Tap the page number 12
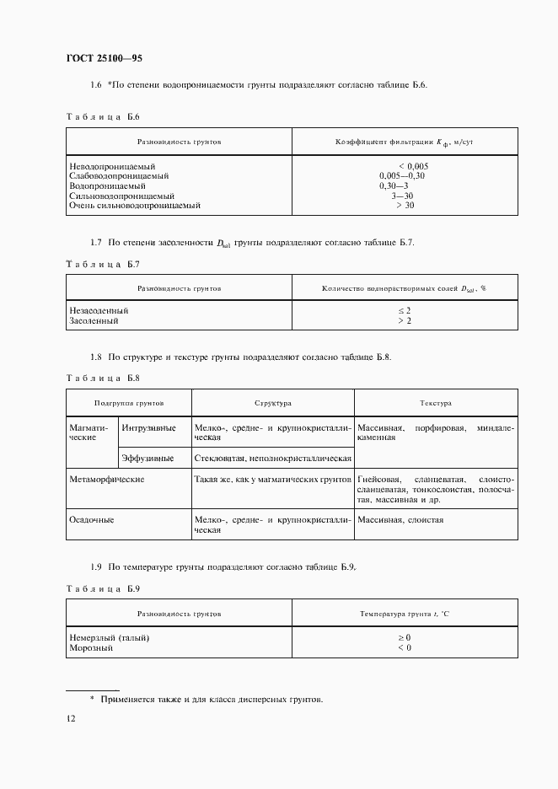tap(72, 718)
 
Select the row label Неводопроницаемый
tap(109, 166)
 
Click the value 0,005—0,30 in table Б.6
tap(403, 176)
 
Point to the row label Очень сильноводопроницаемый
tap(135, 205)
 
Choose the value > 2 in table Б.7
tap(404, 320)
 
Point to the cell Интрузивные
tap(149, 428)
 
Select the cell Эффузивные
tap(148, 458)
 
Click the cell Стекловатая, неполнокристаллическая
tap(272, 458)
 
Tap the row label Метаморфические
tap(106, 479)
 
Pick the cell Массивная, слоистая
tap(400, 520)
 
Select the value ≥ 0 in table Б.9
tap(404, 638)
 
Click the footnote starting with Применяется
tap(211, 700)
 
